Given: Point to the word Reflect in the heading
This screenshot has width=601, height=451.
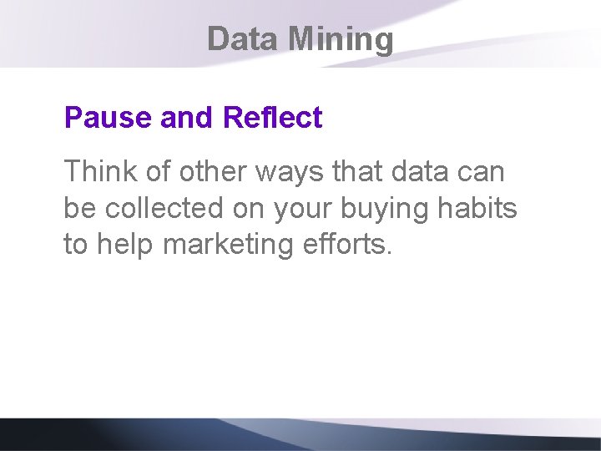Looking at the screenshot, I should click(x=272, y=118).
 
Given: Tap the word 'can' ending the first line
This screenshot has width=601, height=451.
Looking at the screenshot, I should click(x=482, y=173).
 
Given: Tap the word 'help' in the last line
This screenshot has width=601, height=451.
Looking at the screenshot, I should click(x=126, y=245).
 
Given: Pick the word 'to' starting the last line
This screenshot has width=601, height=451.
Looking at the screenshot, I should click(x=78, y=245).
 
